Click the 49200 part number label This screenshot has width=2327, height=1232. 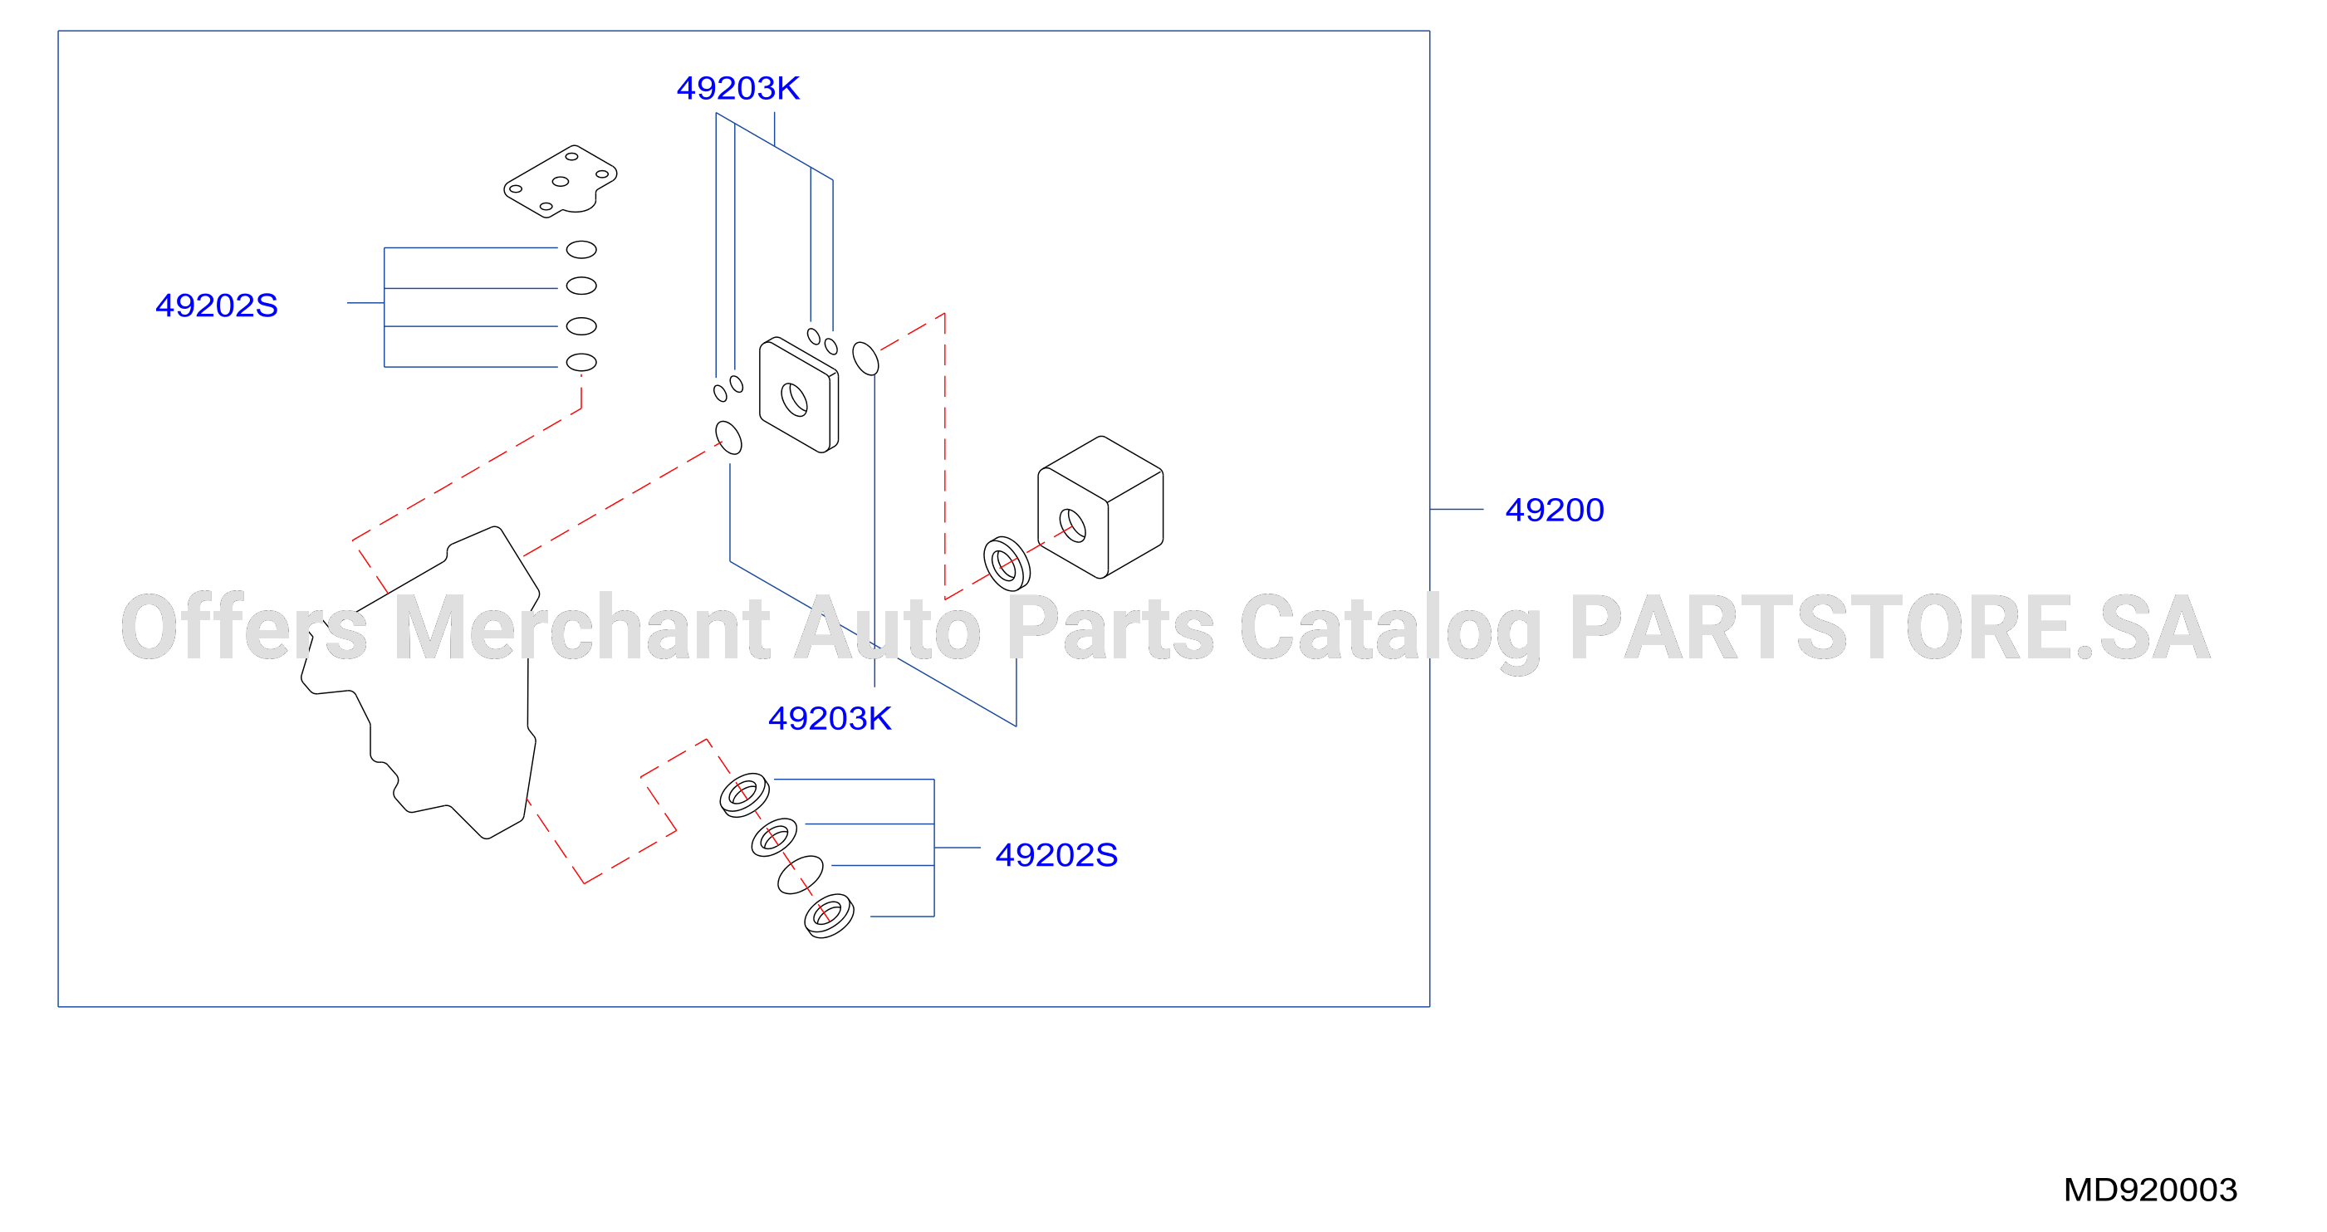pyautogui.click(x=1554, y=511)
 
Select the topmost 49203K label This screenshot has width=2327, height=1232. pyautogui.click(x=738, y=89)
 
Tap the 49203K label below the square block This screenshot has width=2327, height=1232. pyautogui.click(x=830, y=719)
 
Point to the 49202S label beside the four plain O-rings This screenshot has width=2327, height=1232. pyautogui.click(x=217, y=306)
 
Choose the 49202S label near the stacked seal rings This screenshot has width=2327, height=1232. pyautogui.click(x=1056, y=854)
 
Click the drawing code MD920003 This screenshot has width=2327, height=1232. pyautogui.click(x=2150, y=1190)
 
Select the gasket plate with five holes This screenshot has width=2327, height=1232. pyautogui.click(x=560, y=182)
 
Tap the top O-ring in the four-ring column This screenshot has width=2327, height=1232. pyautogui.click(x=581, y=249)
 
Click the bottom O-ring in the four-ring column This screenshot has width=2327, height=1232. pyautogui.click(x=581, y=362)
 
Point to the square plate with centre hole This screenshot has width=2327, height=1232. pyautogui.click(x=799, y=394)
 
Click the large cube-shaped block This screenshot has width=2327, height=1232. pyautogui.click(x=1100, y=506)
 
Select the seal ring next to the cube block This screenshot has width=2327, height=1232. pyautogui.click(x=1007, y=564)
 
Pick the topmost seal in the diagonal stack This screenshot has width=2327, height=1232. pyautogui.click(x=744, y=794)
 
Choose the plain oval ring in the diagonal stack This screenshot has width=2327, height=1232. pyautogui.click(x=801, y=874)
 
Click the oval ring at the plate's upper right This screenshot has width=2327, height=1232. pyautogui.click(x=865, y=359)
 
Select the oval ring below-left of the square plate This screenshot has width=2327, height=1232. pyautogui.click(x=728, y=438)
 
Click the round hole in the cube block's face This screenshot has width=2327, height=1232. pyautogui.click(x=1072, y=526)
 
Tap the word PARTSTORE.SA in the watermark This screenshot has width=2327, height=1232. pyautogui.click(x=1890, y=627)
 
